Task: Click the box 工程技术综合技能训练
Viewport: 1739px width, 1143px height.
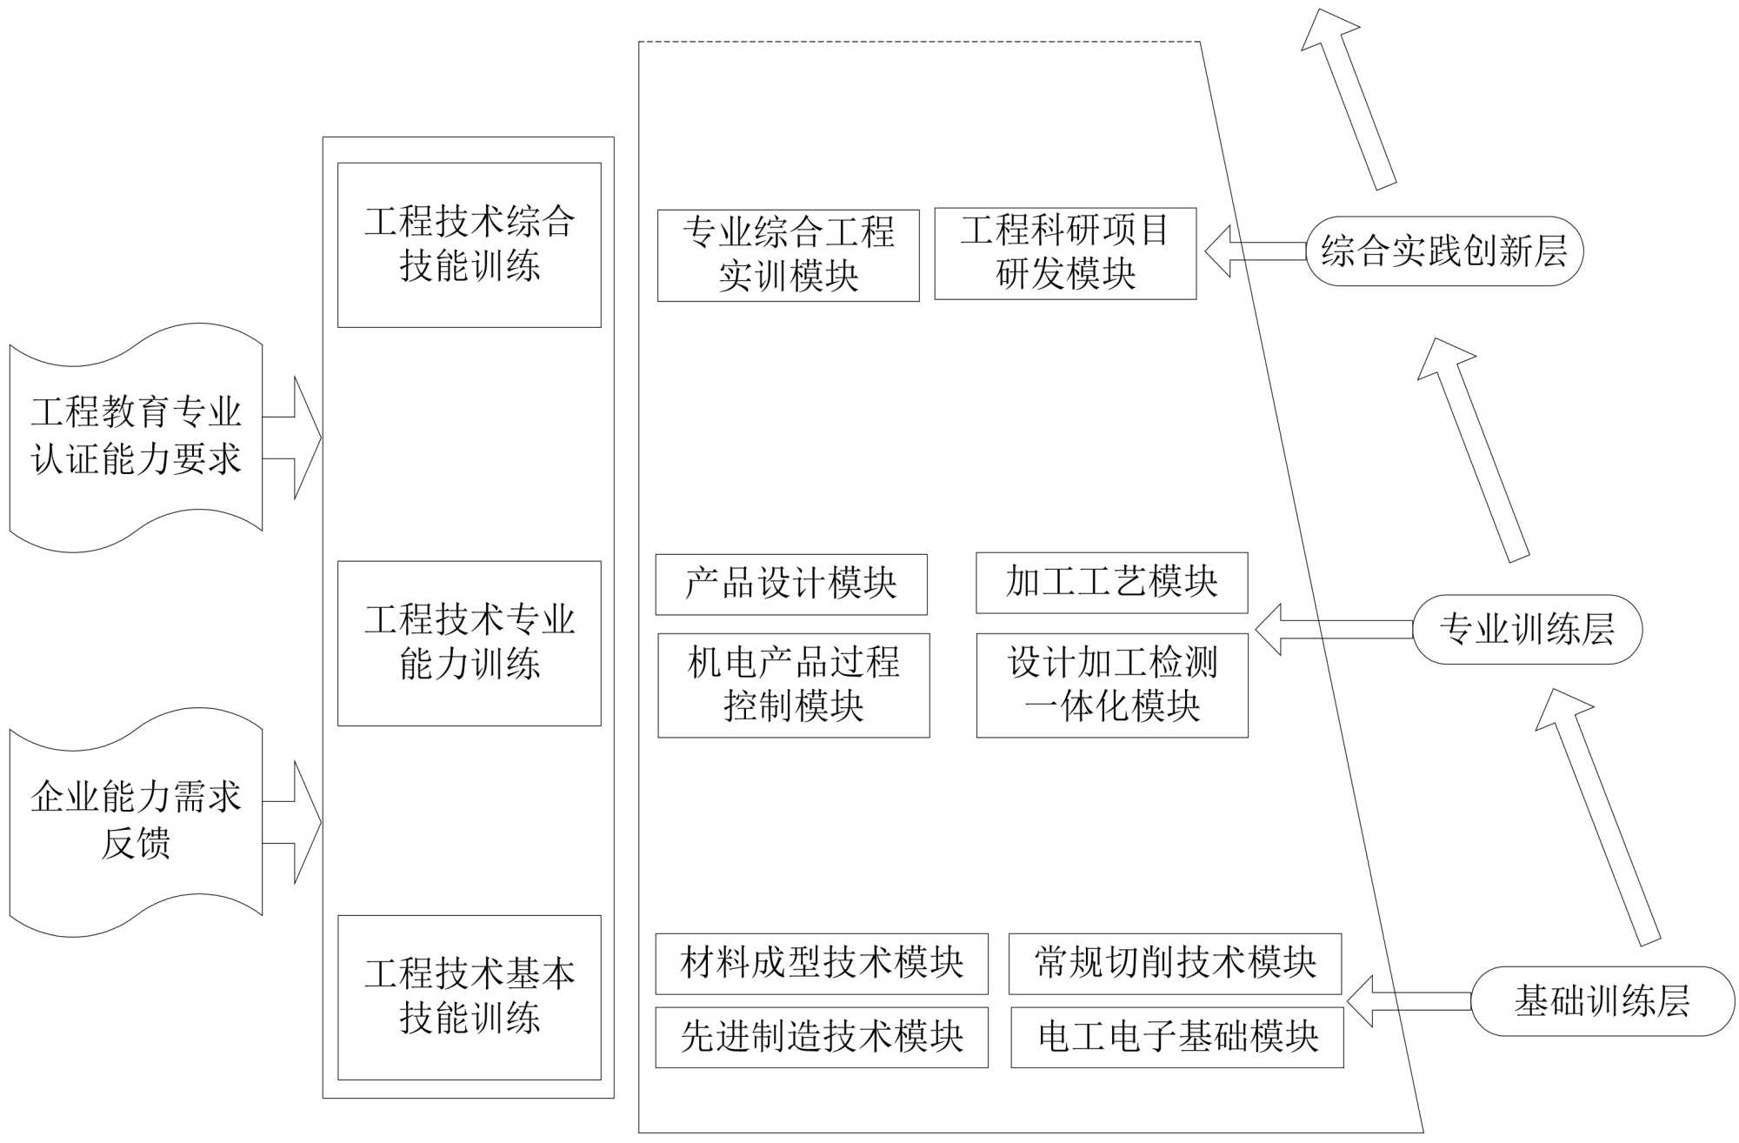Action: (469, 244)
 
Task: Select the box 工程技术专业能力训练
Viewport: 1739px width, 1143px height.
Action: (469, 643)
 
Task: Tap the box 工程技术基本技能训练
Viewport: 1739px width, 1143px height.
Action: (469, 997)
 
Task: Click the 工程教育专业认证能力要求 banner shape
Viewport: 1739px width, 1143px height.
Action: (136, 437)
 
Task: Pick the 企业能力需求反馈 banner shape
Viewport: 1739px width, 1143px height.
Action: (136, 821)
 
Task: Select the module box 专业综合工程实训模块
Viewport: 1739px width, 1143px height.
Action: (788, 255)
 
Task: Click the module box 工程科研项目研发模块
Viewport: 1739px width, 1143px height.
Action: (1065, 253)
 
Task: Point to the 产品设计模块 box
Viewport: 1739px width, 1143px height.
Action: (790, 584)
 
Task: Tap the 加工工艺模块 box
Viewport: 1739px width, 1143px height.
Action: (1111, 582)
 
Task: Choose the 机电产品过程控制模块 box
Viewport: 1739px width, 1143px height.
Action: (793, 685)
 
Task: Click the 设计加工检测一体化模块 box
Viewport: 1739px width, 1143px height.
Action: (1111, 685)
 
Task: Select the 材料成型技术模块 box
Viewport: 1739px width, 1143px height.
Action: (821, 963)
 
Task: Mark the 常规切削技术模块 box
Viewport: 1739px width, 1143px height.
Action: (1175, 963)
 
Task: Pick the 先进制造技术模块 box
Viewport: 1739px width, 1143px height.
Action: (821, 1037)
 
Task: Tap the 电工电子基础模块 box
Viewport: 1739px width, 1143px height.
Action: (1176, 1037)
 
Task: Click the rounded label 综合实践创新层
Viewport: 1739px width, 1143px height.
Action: (1444, 251)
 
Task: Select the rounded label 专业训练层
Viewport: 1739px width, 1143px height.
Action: (1527, 629)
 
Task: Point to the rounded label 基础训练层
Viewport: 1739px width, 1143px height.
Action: (1602, 1001)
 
